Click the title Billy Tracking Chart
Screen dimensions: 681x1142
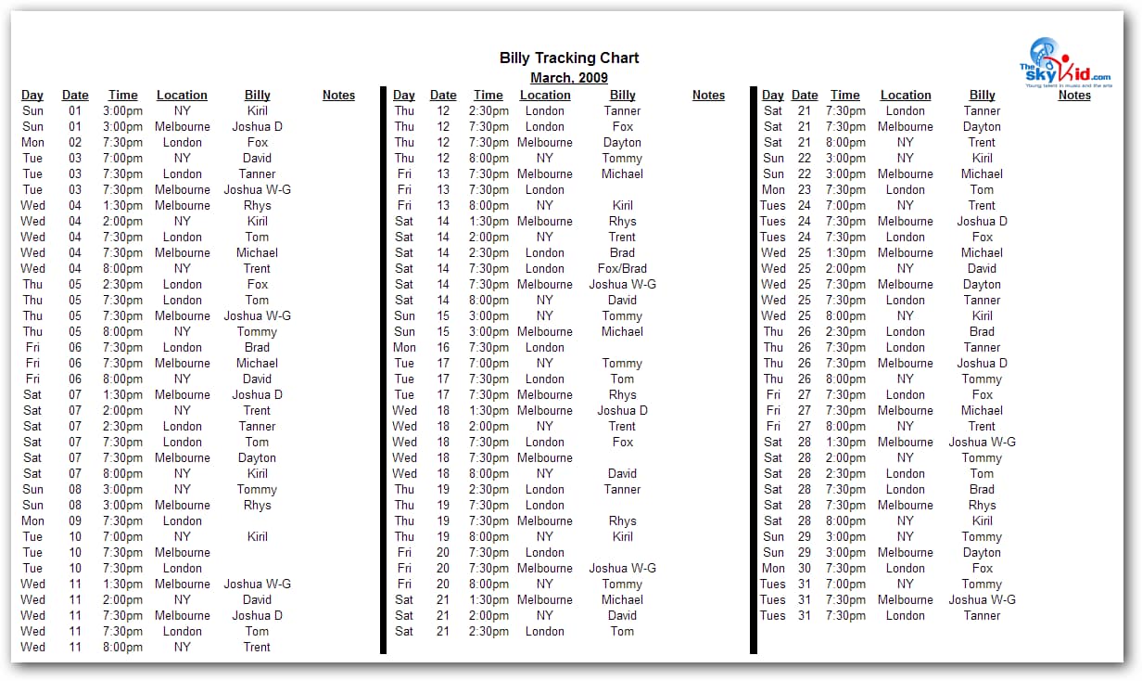pyautogui.click(x=568, y=58)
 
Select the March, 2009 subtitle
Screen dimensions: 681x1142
pyautogui.click(x=568, y=78)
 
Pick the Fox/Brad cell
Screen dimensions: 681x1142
pyautogui.click(x=622, y=268)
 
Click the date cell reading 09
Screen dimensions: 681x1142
pyautogui.click(x=75, y=520)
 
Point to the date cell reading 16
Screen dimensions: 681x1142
pyautogui.click(x=443, y=347)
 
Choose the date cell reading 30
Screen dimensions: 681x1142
pyautogui.click(x=805, y=568)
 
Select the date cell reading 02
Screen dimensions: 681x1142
pyautogui.click(x=75, y=142)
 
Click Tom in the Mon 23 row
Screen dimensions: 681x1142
pyautogui.click(x=982, y=189)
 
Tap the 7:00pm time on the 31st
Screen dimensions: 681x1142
pyautogui.click(x=844, y=584)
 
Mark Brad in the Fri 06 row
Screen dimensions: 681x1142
pyautogui.click(x=257, y=347)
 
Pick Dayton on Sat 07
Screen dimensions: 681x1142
pyautogui.click(x=257, y=457)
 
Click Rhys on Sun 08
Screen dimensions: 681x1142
pyautogui.click(x=257, y=505)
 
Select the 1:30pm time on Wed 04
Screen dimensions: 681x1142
pyautogui.click(x=122, y=205)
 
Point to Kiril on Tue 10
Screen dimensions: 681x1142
pyautogui.click(x=257, y=536)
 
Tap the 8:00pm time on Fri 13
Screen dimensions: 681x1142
pyautogui.click(x=489, y=205)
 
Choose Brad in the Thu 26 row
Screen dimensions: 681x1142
pyautogui.click(x=982, y=331)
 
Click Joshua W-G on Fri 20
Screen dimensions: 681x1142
pyautogui.click(x=622, y=568)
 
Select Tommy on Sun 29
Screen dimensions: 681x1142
pyautogui.click(x=982, y=536)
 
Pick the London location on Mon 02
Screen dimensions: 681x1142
pyautogui.click(x=182, y=142)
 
